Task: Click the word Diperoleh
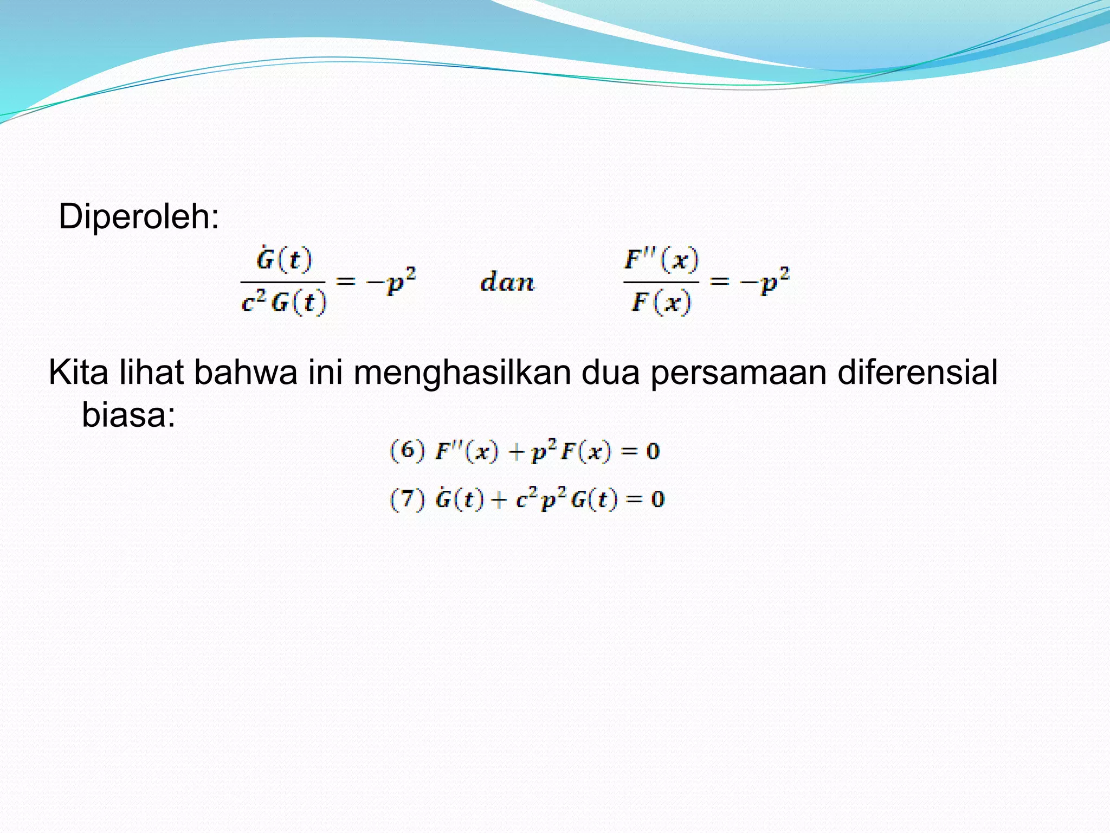click(138, 217)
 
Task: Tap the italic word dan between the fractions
click(507, 283)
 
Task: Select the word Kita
click(79, 373)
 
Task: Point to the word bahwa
click(246, 373)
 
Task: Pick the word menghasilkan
click(462, 373)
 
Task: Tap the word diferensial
click(917, 373)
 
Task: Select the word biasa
click(128, 415)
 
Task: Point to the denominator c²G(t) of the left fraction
click(284, 302)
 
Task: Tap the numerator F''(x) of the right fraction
click(661, 260)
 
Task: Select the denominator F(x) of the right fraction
click(661, 302)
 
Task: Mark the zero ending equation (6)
click(653, 451)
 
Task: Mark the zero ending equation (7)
click(657, 499)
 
